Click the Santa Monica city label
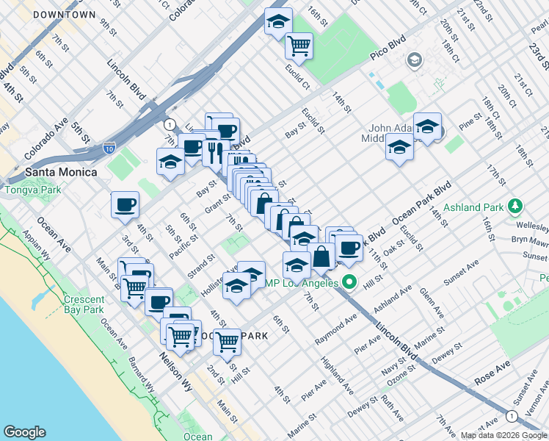point(61,172)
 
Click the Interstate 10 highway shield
point(109,148)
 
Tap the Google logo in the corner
point(24,432)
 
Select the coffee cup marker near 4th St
point(125,205)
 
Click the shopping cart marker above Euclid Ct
point(299,46)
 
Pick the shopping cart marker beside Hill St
point(228,341)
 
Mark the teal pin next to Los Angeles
point(349,282)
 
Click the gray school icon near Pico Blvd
point(415,59)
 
